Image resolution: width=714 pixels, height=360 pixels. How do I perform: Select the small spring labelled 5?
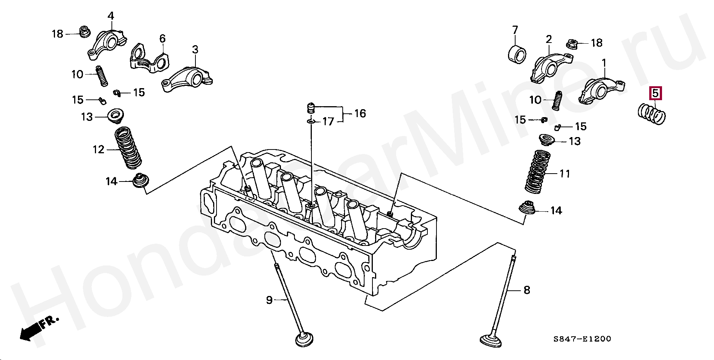point(653,114)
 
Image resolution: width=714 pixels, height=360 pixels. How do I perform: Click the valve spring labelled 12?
point(128,148)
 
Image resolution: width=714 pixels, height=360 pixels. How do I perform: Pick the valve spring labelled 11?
point(538,171)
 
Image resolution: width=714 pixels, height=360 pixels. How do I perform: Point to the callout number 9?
point(269,300)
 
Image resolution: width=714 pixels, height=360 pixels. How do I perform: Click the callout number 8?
point(526,290)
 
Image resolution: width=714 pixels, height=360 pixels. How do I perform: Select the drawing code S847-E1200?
point(582,339)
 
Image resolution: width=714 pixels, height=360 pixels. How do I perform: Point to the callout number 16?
point(360,113)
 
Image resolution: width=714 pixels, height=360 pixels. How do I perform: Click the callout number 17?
point(328,122)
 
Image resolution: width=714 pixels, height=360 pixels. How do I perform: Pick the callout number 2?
point(549,39)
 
